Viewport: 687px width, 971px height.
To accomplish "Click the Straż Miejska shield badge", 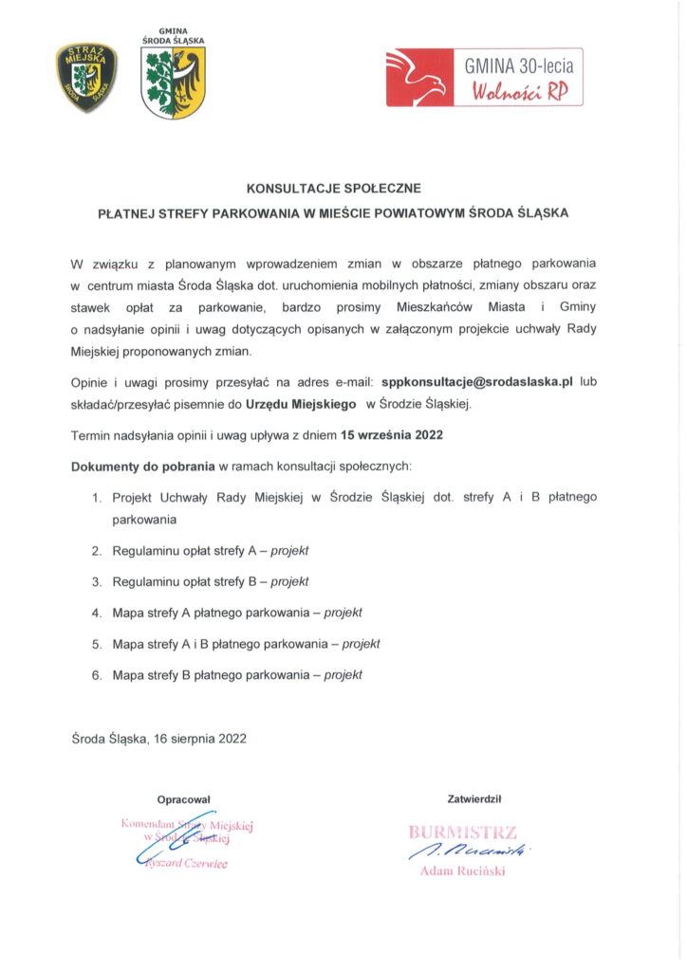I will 85,77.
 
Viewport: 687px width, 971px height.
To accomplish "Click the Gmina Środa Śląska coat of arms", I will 173,84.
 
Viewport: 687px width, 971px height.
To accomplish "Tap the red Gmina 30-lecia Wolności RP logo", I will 483,77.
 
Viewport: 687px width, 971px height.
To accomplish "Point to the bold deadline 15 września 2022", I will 393,435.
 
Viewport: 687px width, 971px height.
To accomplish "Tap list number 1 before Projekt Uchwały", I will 97,497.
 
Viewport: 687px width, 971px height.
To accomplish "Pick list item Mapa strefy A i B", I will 246,644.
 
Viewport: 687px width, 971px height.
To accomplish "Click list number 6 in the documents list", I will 97,675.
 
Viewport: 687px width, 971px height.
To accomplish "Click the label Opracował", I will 183,799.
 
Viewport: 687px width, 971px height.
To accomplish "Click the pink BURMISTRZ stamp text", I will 462,834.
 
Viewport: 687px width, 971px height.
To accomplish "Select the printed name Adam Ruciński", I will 462,872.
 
